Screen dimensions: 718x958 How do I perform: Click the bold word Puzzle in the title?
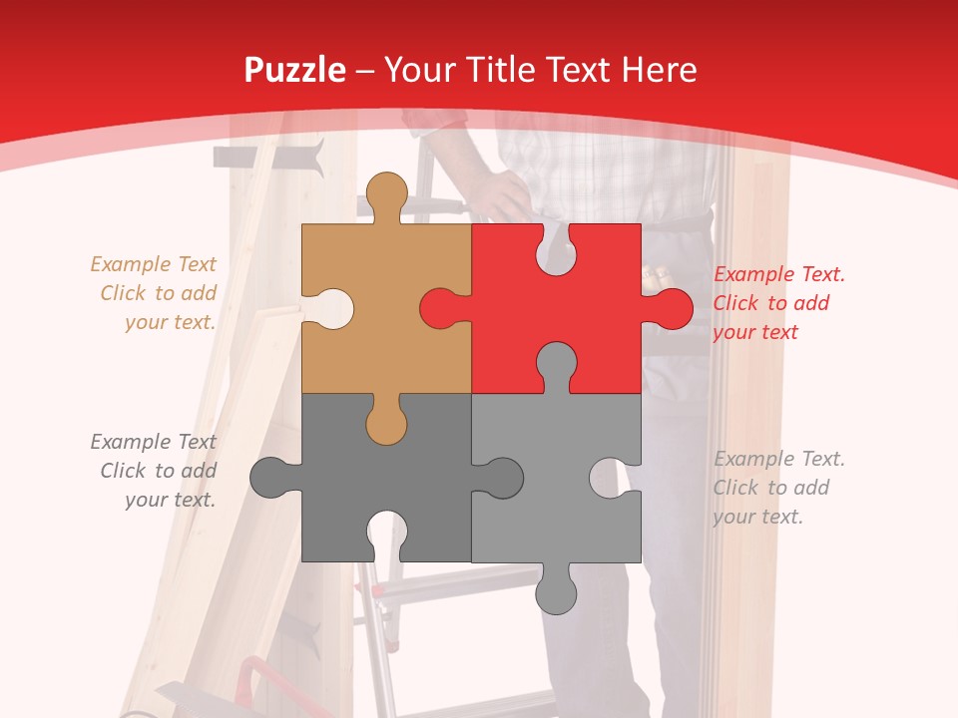[x=295, y=70]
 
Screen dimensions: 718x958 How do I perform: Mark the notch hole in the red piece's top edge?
[x=556, y=250]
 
